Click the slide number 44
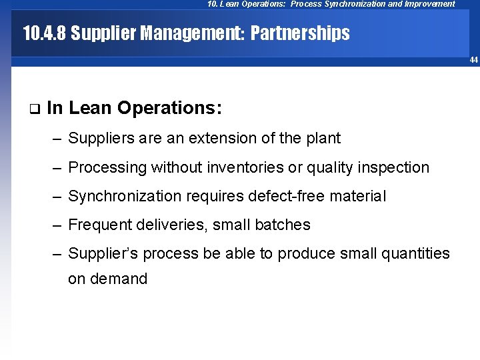473,60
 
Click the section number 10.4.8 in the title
45,33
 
